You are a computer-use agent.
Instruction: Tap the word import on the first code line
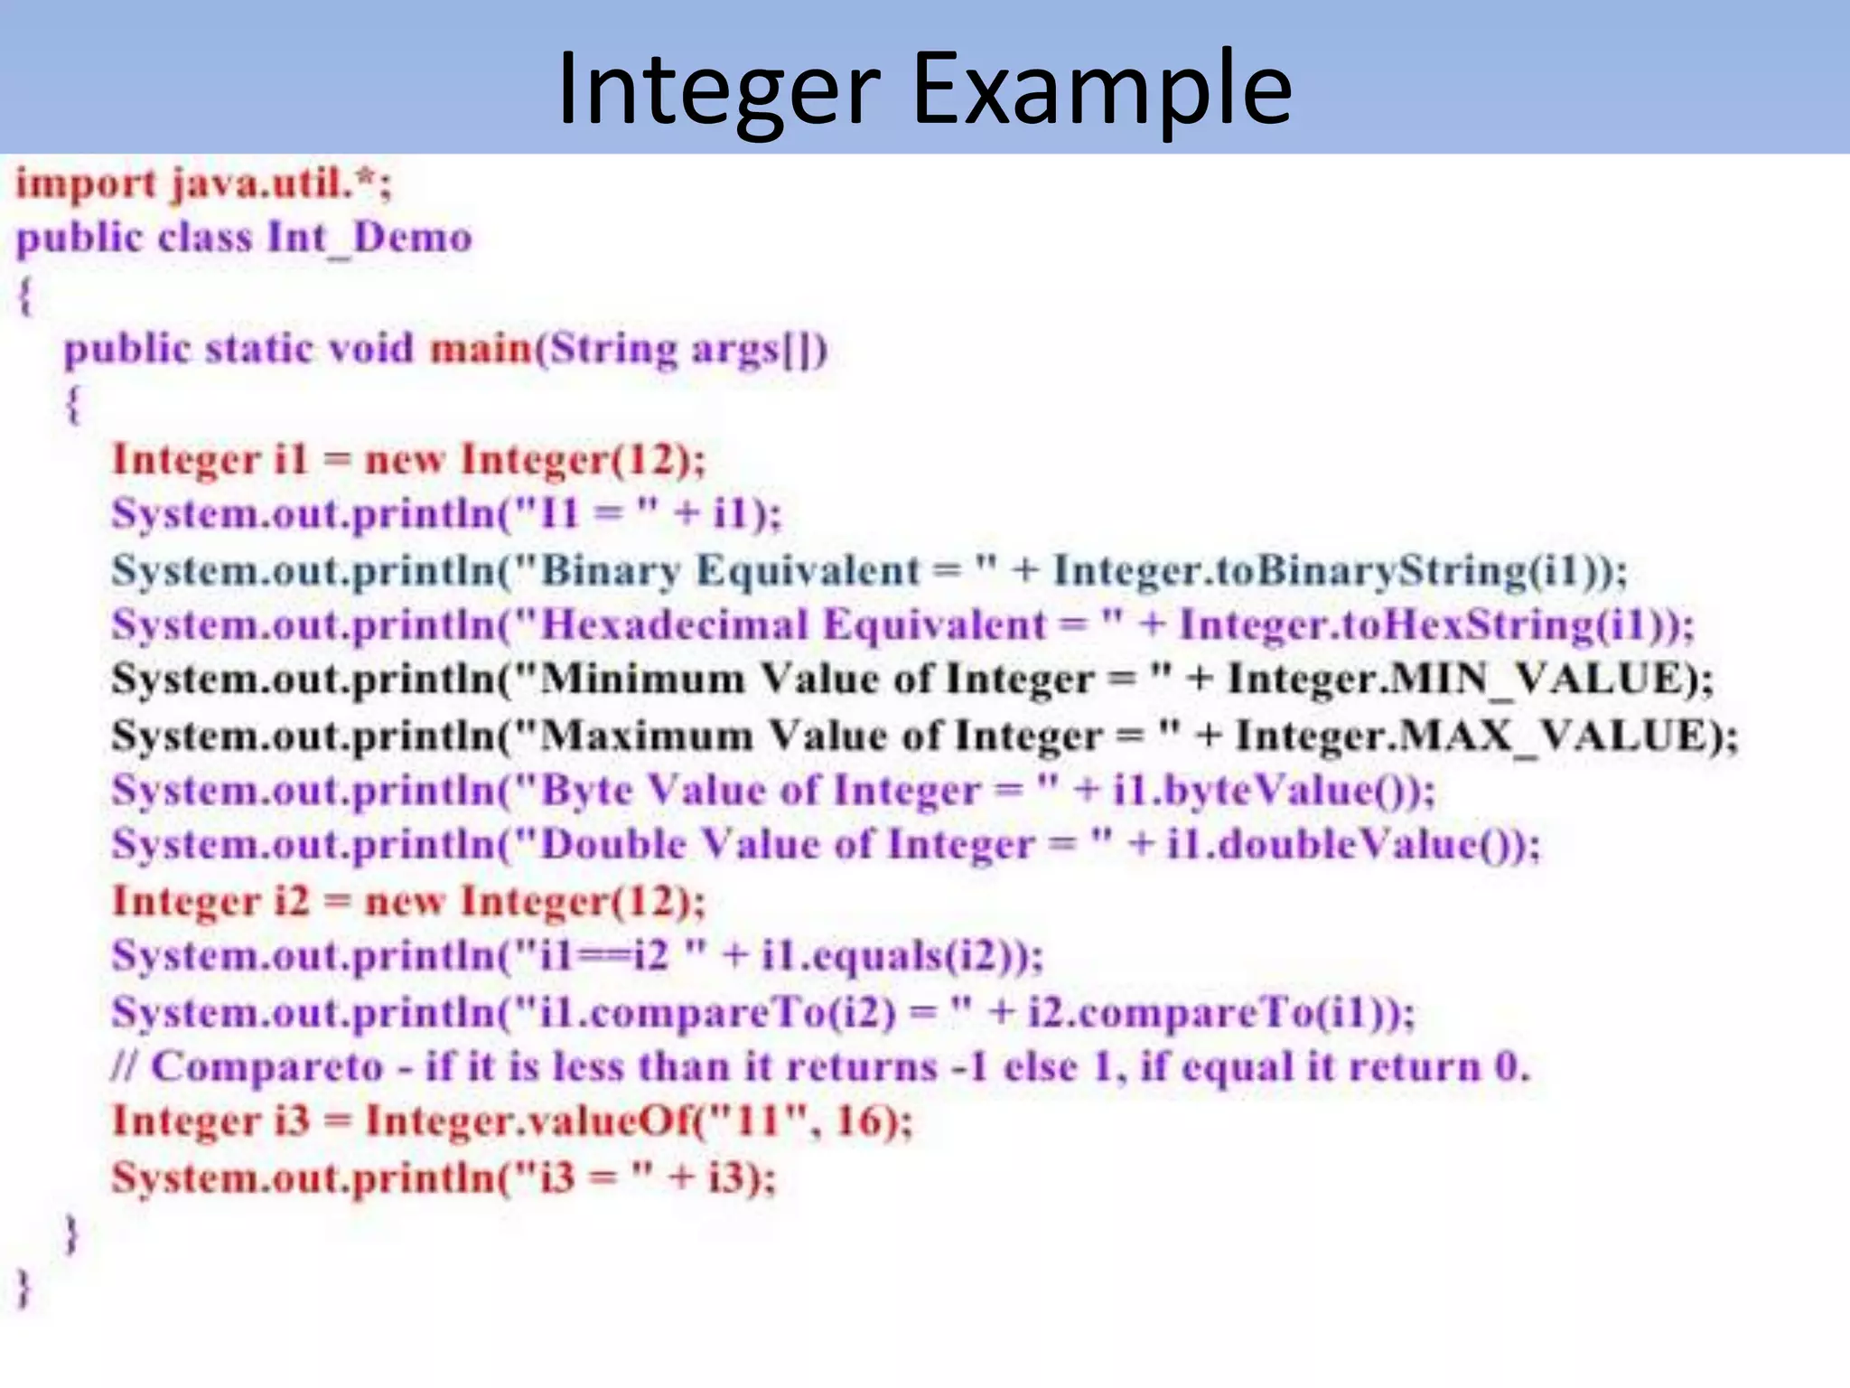tap(86, 184)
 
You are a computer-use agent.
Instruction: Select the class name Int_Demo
tap(369, 239)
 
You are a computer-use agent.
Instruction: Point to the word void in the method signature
tap(370, 349)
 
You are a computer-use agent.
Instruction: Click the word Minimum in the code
tap(641, 680)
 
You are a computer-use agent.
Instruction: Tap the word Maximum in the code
tap(646, 736)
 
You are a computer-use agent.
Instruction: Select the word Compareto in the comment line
tap(267, 1067)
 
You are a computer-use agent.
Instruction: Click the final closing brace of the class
tap(24, 1287)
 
